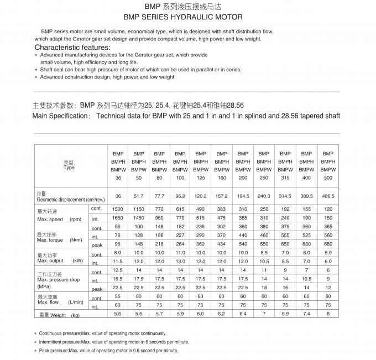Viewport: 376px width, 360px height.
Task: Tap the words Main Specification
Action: click(60, 116)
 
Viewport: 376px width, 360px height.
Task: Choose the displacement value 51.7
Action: click(138, 196)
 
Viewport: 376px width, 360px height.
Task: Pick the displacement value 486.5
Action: click(328, 196)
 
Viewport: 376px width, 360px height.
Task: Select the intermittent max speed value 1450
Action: click(138, 219)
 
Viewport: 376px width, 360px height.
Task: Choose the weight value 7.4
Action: click(306, 314)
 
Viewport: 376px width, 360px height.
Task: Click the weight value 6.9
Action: click(285, 314)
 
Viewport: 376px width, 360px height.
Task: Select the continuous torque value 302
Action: click(222, 227)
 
